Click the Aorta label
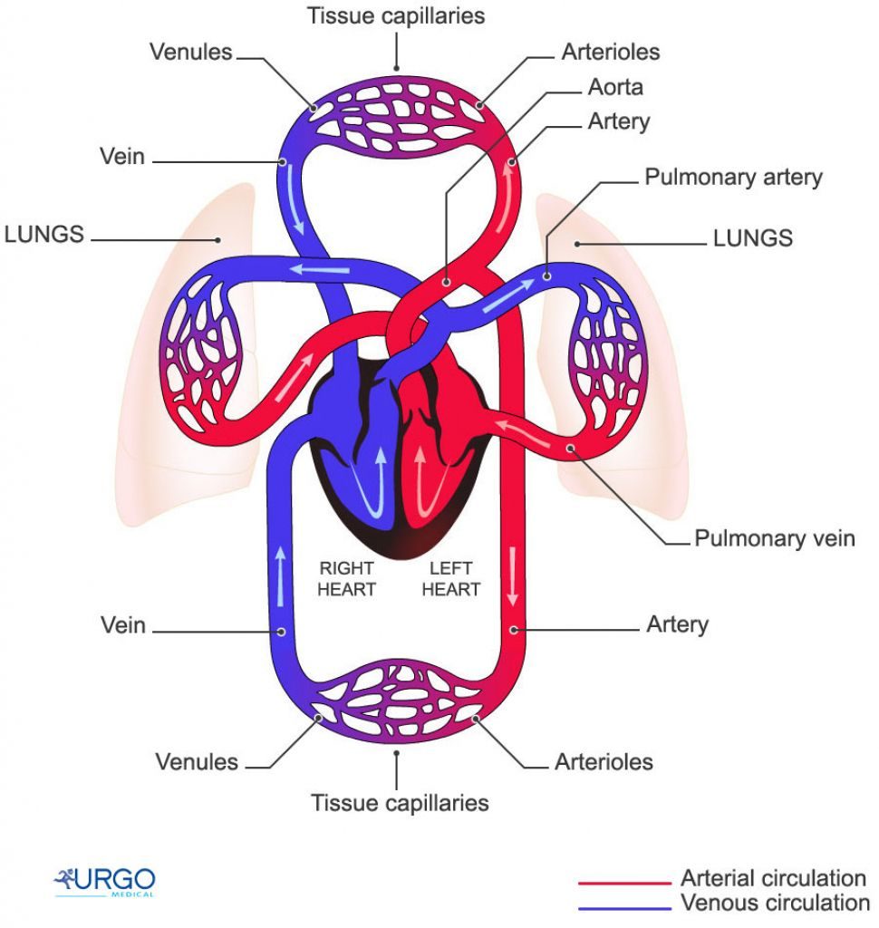click(x=616, y=87)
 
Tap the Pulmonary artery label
click(x=733, y=177)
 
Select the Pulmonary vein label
click(x=774, y=538)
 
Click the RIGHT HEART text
click(x=346, y=579)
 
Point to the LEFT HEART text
click(x=450, y=579)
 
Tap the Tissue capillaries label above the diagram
click(x=396, y=15)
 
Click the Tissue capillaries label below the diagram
click(x=400, y=803)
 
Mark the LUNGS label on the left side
click(x=44, y=235)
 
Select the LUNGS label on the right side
click(x=752, y=238)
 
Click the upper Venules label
click(x=191, y=52)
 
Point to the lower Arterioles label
click(x=604, y=761)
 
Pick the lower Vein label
click(x=123, y=625)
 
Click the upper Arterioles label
click(x=611, y=52)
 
